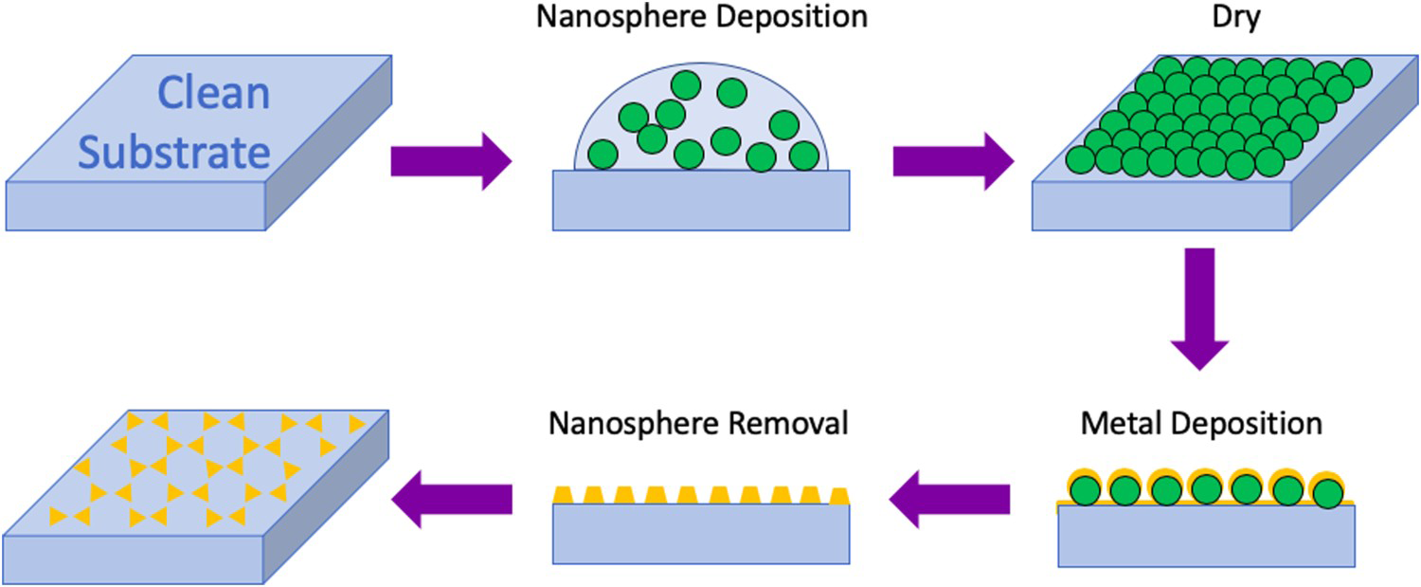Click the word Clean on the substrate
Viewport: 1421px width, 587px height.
(x=213, y=93)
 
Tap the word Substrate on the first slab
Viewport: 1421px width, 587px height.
(x=174, y=153)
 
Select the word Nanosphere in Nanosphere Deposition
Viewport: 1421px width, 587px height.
(x=618, y=16)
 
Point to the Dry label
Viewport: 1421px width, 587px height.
(x=1235, y=18)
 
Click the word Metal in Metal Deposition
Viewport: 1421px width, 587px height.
(x=1122, y=423)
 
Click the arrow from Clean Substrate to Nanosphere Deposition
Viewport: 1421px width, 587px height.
(x=451, y=161)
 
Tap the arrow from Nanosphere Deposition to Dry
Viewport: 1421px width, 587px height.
(x=953, y=161)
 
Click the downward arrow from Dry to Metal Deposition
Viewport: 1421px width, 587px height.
(x=1199, y=309)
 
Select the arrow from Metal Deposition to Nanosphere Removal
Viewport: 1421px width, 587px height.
(x=949, y=500)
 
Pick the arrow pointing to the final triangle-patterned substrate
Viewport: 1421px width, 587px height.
(x=452, y=500)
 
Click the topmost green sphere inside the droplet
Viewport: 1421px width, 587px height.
(x=686, y=85)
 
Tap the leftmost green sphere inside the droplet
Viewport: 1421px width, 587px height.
(x=603, y=155)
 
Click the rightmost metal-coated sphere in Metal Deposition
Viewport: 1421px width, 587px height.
(x=1327, y=490)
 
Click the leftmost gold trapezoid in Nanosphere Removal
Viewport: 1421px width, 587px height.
(x=563, y=495)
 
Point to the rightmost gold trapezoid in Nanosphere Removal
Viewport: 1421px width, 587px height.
(x=839, y=496)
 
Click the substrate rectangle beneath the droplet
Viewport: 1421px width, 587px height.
(x=701, y=200)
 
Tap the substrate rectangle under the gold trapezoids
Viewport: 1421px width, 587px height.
(x=701, y=534)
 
